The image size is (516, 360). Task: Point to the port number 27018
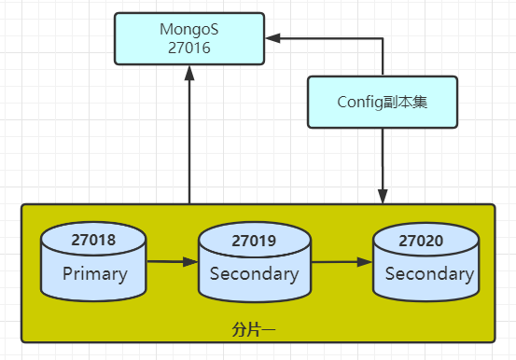[93, 241]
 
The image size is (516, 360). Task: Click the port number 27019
[254, 241]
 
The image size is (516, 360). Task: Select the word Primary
[93, 274]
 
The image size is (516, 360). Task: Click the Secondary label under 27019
[254, 274]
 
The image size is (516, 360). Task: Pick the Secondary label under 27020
[428, 274]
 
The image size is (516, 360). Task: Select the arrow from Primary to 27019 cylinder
[173, 262]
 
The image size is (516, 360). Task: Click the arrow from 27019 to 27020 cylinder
[341, 262]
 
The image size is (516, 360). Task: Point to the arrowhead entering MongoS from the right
[272, 38]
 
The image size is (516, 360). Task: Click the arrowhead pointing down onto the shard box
[383, 195]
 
